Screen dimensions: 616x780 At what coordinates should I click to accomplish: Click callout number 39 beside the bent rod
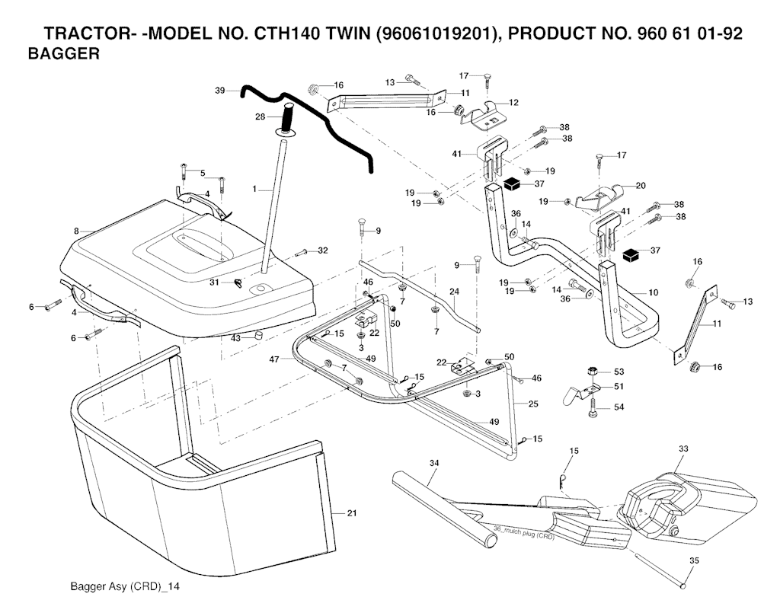[220, 91]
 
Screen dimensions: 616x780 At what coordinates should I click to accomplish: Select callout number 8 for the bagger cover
[76, 230]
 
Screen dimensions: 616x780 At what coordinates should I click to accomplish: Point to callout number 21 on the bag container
[351, 513]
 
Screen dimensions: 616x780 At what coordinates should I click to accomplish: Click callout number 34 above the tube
[434, 462]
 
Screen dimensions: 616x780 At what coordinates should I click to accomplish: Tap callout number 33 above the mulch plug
[682, 448]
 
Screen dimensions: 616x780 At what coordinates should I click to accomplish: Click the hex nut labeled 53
[593, 371]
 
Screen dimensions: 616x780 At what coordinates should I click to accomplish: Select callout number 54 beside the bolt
[619, 408]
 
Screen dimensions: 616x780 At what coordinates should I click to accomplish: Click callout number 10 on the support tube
[653, 292]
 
